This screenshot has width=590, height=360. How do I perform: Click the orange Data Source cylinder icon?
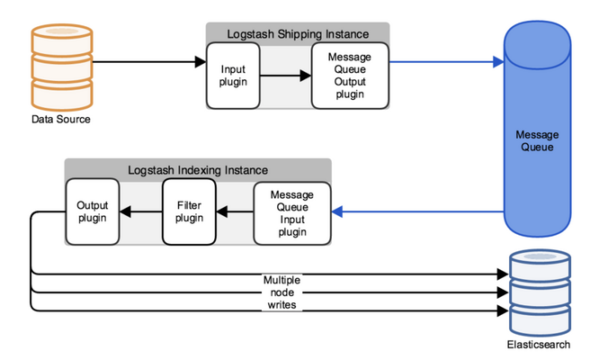62,67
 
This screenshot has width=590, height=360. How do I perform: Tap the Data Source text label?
61,120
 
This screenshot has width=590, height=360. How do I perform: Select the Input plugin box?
233,76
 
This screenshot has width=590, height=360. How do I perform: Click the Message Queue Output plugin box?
350,76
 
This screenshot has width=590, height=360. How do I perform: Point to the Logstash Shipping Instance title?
298,34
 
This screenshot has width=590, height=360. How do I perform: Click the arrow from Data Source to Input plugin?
149,62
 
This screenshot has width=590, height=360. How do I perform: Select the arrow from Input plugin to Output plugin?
286,76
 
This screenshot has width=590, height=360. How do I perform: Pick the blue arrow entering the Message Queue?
447,62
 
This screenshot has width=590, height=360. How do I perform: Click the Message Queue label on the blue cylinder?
537,140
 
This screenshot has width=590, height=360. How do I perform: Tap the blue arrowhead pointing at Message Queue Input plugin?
337,211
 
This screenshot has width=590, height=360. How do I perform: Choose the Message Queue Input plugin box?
292,213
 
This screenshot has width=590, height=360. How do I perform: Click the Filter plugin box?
189,211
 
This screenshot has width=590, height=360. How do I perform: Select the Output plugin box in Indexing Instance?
93,211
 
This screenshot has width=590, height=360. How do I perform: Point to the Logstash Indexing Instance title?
198,170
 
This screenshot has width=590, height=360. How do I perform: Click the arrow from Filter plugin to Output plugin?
141,211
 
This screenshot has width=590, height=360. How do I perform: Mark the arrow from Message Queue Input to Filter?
235,211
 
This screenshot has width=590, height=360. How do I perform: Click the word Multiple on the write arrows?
282,280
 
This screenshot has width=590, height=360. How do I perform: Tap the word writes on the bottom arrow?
282,304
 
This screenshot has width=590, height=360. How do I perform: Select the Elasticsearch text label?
539,345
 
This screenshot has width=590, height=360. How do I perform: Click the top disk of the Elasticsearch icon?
540,264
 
